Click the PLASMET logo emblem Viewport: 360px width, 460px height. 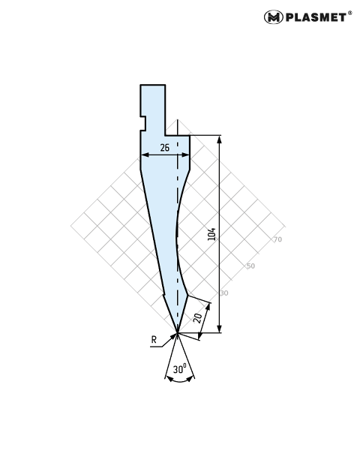pos(273,17)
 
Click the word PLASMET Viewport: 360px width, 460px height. pos(316,17)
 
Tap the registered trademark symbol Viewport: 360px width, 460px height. pos(349,13)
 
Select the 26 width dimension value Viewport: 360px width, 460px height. pos(165,148)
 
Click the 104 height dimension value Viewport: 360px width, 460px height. pos(211,234)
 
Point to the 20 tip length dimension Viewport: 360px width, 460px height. pos(198,318)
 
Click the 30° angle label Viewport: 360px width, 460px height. pos(179,369)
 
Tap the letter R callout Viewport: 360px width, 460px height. pos(154,340)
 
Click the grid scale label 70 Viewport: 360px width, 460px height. pos(277,239)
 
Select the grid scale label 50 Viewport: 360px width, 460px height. pos(250,266)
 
